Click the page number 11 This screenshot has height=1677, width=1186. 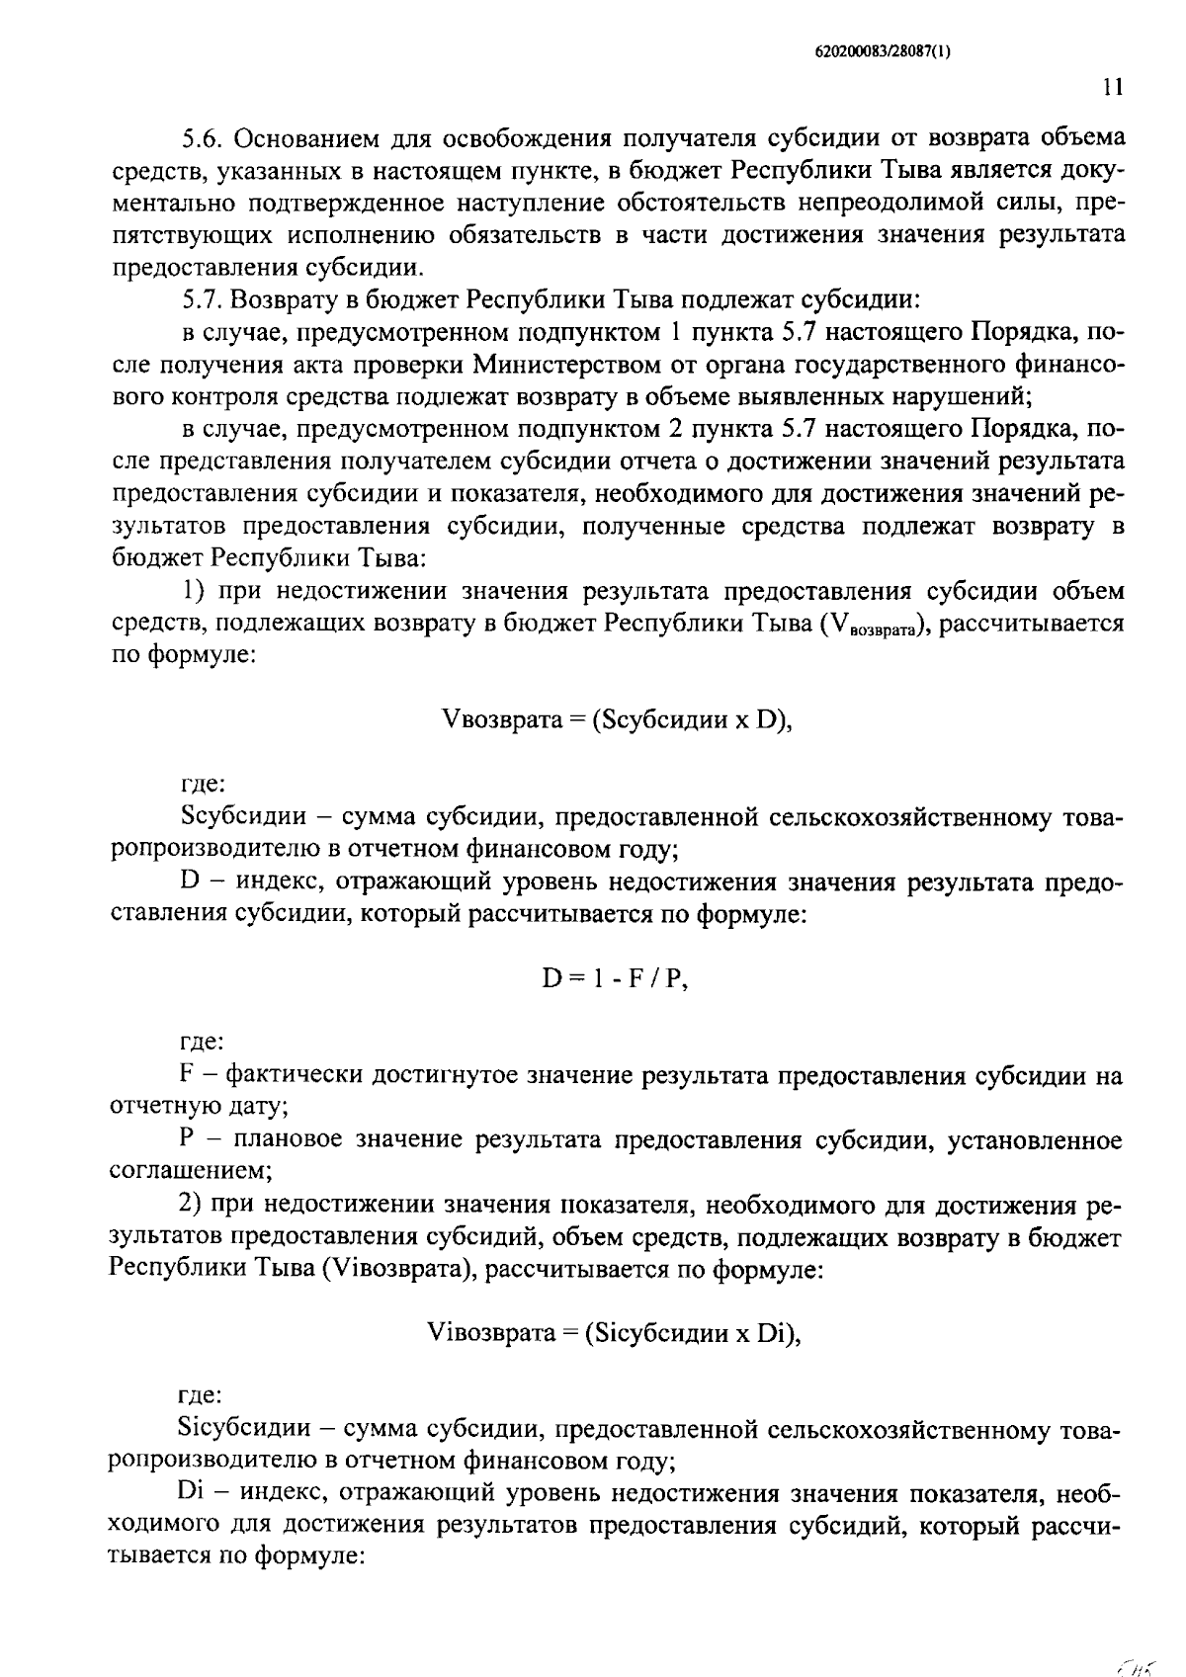click(x=1112, y=88)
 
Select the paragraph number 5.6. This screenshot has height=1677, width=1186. click(x=202, y=138)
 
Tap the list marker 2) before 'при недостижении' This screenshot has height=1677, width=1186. click(x=191, y=1205)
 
